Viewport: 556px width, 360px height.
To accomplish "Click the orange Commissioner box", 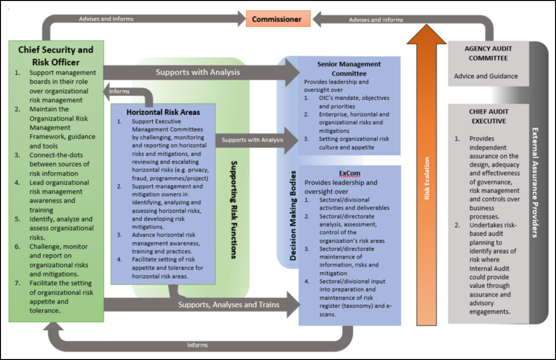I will coord(277,19).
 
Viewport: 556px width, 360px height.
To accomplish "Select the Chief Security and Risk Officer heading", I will coord(56,56).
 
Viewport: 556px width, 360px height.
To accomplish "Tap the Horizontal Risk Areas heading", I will coord(163,112).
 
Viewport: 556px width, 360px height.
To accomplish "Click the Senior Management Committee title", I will coord(349,69).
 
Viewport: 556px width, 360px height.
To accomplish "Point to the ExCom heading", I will coord(349,173).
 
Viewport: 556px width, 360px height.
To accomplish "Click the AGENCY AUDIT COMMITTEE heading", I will coord(488,53).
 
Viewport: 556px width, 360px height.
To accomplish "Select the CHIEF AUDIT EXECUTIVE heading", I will coord(488,116).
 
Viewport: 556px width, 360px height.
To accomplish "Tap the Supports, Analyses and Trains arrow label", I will coord(229,304).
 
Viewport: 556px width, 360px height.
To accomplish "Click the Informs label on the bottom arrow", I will coord(197,345).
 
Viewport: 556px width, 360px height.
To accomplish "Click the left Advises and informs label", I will coord(106,19).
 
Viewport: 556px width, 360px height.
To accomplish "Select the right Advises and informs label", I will coord(376,20).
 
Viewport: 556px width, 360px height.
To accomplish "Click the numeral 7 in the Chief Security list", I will coord(17,283).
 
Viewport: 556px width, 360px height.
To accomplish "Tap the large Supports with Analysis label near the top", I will coord(197,72).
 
